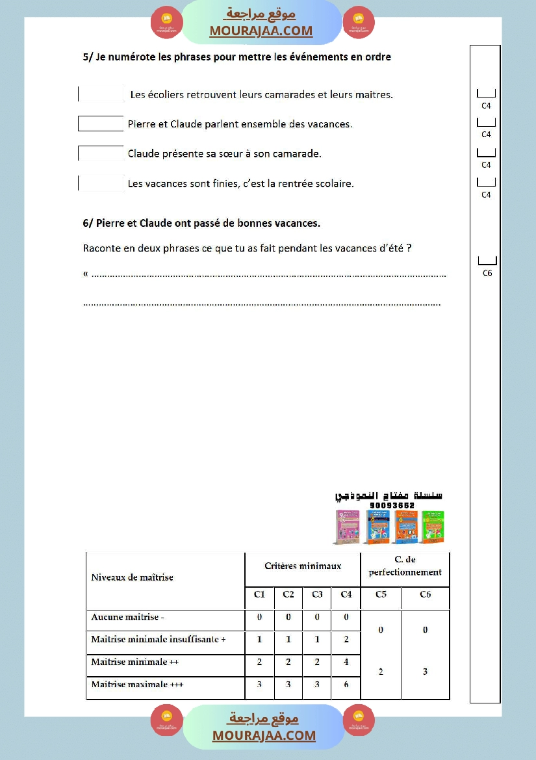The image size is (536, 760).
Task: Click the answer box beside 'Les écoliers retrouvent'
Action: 101,94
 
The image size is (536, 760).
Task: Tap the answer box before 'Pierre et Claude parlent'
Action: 101,124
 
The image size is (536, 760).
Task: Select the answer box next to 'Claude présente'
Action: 101,153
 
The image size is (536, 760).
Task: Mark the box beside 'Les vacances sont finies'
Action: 101,183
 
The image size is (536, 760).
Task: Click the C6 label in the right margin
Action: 487,273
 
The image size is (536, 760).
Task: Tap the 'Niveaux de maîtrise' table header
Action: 133,577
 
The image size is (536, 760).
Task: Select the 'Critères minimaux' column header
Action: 303,566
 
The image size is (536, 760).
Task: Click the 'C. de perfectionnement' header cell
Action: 405,566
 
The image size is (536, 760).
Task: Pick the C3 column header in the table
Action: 317,594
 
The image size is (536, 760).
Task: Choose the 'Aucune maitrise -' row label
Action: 128,618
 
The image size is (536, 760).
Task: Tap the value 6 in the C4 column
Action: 346,685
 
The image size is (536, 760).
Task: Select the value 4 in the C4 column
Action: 346,662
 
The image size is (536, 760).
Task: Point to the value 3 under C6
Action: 426,672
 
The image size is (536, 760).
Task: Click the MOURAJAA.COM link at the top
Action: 261,31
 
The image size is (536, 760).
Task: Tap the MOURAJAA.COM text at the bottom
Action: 264,736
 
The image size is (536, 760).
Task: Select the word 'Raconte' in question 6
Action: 101,248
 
